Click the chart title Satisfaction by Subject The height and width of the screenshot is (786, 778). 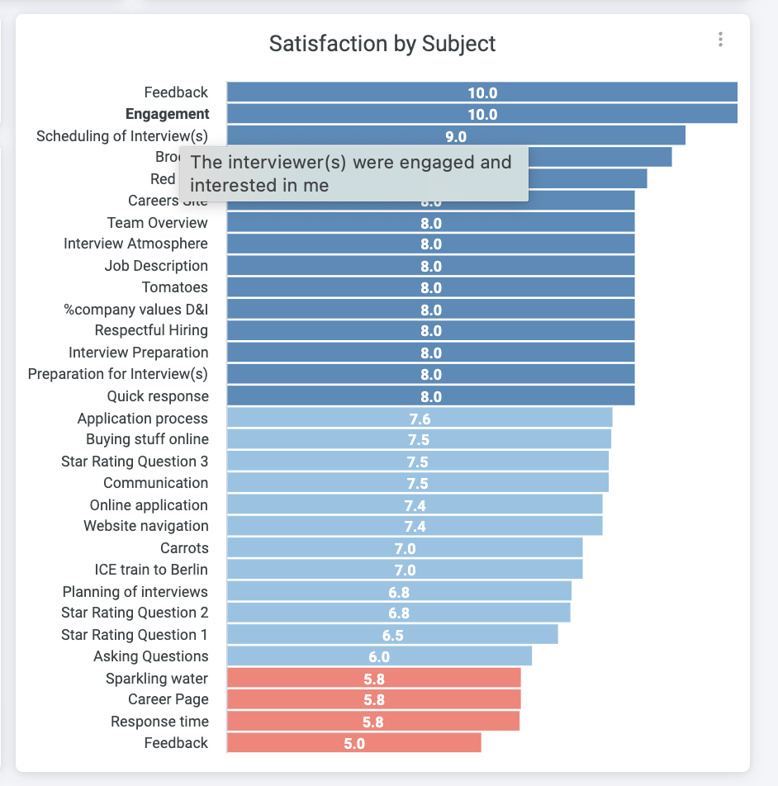[382, 44]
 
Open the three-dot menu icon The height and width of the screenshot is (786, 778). [721, 39]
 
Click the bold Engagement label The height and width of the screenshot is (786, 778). [168, 114]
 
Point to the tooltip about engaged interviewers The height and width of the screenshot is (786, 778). [352, 173]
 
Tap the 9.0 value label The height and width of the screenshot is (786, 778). [456, 136]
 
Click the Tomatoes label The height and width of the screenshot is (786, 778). [175, 287]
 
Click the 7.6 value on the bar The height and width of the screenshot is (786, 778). [420, 419]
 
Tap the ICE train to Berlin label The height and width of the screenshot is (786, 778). [151, 570]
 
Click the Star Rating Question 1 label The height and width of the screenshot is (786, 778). [135, 635]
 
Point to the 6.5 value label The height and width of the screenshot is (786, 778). [392, 635]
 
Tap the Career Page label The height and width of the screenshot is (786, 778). [168, 699]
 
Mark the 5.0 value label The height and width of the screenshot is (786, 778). [354, 743]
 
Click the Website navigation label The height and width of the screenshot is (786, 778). [146, 526]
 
